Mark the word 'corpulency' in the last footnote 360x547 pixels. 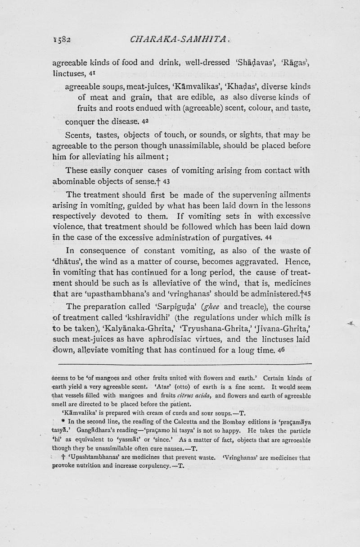pos(148,466)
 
